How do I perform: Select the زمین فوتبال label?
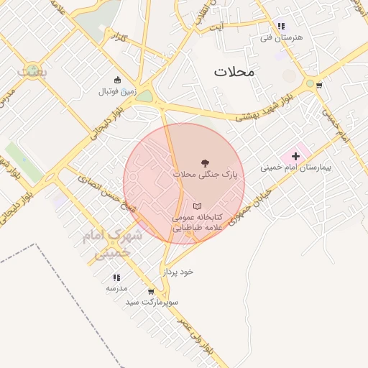(117, 91)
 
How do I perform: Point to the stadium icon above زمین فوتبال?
(117, 80)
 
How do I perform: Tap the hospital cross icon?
(295, 156)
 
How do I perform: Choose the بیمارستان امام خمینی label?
(287, 167)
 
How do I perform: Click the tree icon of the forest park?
(206, 163)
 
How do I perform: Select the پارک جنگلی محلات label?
(205, 174)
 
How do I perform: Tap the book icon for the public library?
(198, 206)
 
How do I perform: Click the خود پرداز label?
(178, 272)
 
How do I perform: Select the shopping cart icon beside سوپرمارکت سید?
(151, 292)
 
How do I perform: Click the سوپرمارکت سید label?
(152, 302)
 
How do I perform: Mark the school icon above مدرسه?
(116, 277)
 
